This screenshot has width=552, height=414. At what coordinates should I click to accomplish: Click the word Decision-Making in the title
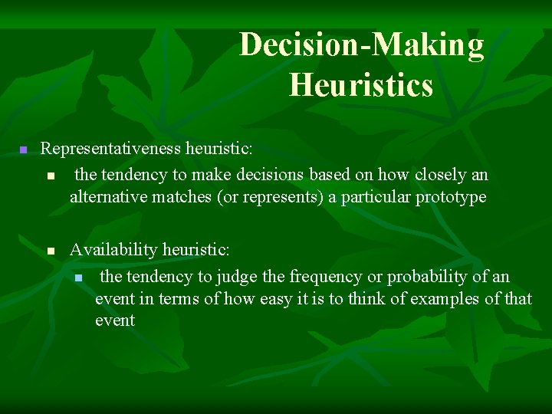pyautogui.click(x=361, y=46)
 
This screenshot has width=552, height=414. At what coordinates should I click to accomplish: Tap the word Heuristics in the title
pyautogui.click(x=361, y=84)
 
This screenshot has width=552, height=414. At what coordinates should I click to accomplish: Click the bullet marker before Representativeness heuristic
pyautogui.click(x=23, y=149)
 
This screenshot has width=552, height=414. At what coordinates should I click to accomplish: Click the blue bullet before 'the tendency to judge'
pyautogui.click(x=77, y=276)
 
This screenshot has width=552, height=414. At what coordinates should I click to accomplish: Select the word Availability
pyautogui.click(x=113, y=250)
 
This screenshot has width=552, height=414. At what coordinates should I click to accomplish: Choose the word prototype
pyautogui.click(x=451, y=197)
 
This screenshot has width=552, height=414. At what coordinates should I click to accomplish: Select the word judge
pyautogui.click(x=238, y=276)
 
